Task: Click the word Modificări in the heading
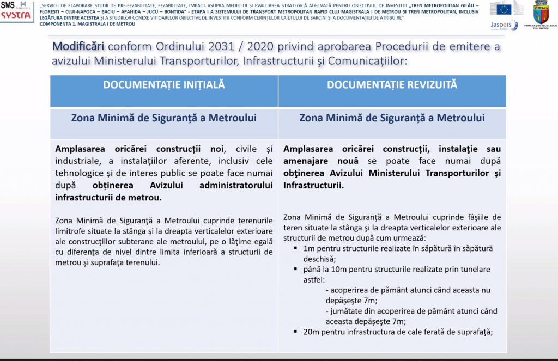78,46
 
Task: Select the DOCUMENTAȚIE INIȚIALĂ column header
164,85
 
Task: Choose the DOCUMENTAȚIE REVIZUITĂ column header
392,85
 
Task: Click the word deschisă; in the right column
319,259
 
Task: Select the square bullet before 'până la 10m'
295,270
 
